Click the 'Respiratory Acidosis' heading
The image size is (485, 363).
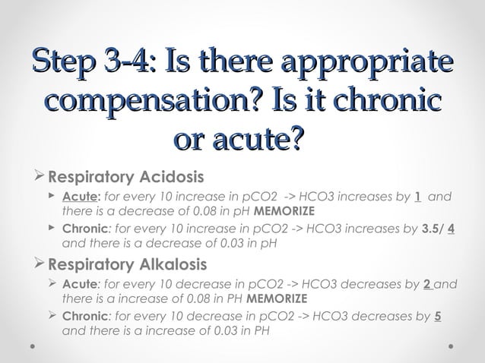click(x=125, y=178)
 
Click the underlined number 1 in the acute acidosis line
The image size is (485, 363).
click(x=419, y=197)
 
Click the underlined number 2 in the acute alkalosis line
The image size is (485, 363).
click(x=427, y=285)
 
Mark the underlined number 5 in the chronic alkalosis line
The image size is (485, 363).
click(x=438, y=317)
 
